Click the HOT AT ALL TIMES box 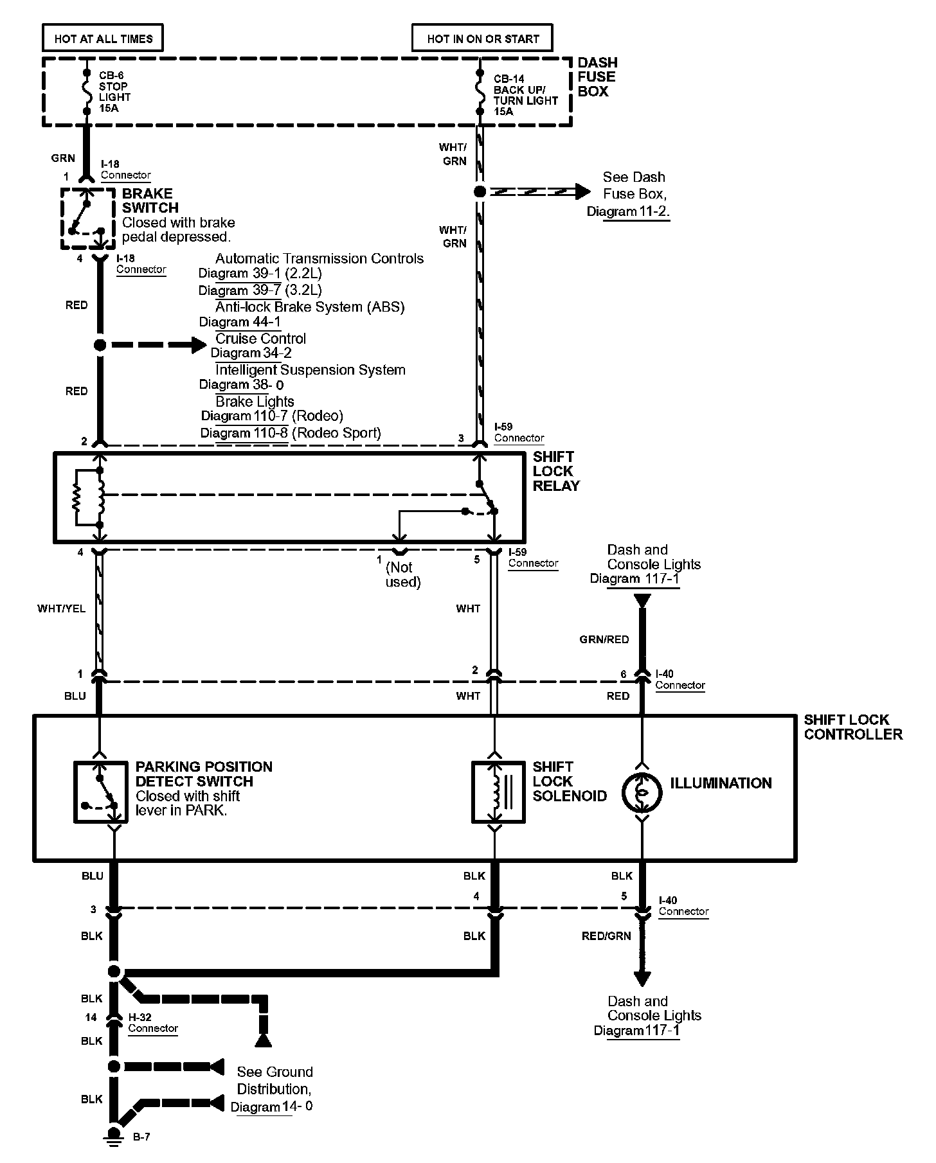(x=103, y=39)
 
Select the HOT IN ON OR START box (x=483, y=39)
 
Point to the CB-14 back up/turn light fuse (x=480, y=91)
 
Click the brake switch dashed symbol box (x=88, y=218)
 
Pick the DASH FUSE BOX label (x=597, y=77)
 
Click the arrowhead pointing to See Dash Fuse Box (x=582, y=191)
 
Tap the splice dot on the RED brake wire (x=100, y=345)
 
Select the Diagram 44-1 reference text (x=240, y=322)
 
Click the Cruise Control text (x=260, y=339)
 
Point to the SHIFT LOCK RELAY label (x=556, y=472)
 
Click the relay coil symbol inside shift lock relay (x=100, y=495)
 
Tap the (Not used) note (x=403, y=574)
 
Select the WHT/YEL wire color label (x=62, y=608)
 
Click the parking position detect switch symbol (x=100, y=792)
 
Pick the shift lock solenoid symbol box (x=498, y=792)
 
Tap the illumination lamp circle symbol (x=642, y=792)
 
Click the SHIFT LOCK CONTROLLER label (x=853, y=727)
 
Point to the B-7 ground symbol (x=114, y=1136)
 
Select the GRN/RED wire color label (x=604, y=639)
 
